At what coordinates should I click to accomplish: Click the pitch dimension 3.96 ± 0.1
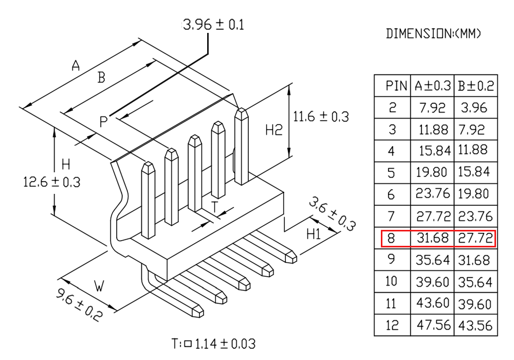click(214, 25)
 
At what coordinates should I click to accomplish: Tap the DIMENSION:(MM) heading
click(433, 33)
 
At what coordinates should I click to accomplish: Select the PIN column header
click(396, 86)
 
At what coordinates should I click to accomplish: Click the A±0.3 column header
click(433, 86)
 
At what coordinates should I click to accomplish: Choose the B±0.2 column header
click(475, 86)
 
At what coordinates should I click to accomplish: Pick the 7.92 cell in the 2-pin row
click(432, 107)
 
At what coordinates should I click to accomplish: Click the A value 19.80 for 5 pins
click(431, 172)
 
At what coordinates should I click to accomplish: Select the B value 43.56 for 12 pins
click(475, 326)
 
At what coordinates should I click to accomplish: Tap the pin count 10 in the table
click(391, 281)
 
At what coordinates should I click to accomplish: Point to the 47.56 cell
click(434, 325)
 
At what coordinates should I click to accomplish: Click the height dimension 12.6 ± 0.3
click(52, 182)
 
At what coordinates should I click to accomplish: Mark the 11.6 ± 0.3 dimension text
click(321, 117)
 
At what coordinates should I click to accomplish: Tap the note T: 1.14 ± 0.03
click(214, 344)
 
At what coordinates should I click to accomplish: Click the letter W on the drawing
click(99, 286)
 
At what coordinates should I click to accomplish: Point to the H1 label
click(314, 234)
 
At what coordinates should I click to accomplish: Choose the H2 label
click(274, 130)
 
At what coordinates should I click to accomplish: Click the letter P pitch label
click(103, 122)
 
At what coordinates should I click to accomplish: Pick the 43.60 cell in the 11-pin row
click(433, 303)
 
